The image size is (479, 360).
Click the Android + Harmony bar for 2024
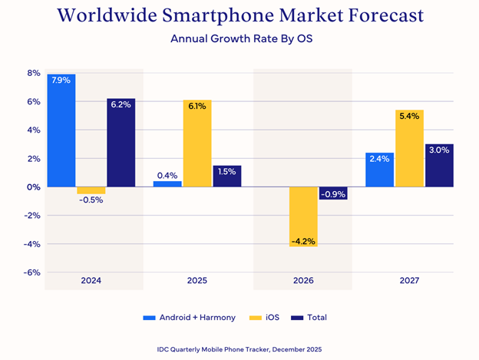click(x=61, y=130)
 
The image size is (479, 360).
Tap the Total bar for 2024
click(x=121, y=143)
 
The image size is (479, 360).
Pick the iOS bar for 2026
click(x=304, y=216)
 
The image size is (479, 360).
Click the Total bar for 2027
click(x=439, y=165)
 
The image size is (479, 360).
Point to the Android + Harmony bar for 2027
click(x=379, y=170)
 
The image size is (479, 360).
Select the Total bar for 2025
click(x=227, y=176)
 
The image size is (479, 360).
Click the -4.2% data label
click(x=304, y=241)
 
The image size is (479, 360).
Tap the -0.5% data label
click(x=91, y=200)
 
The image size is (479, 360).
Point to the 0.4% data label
click(x=167, y=175)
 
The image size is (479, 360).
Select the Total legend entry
click(x=318, y=317)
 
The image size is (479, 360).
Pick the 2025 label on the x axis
click(x=197, y=282)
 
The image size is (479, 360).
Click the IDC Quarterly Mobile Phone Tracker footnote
click(x=239, y=349)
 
